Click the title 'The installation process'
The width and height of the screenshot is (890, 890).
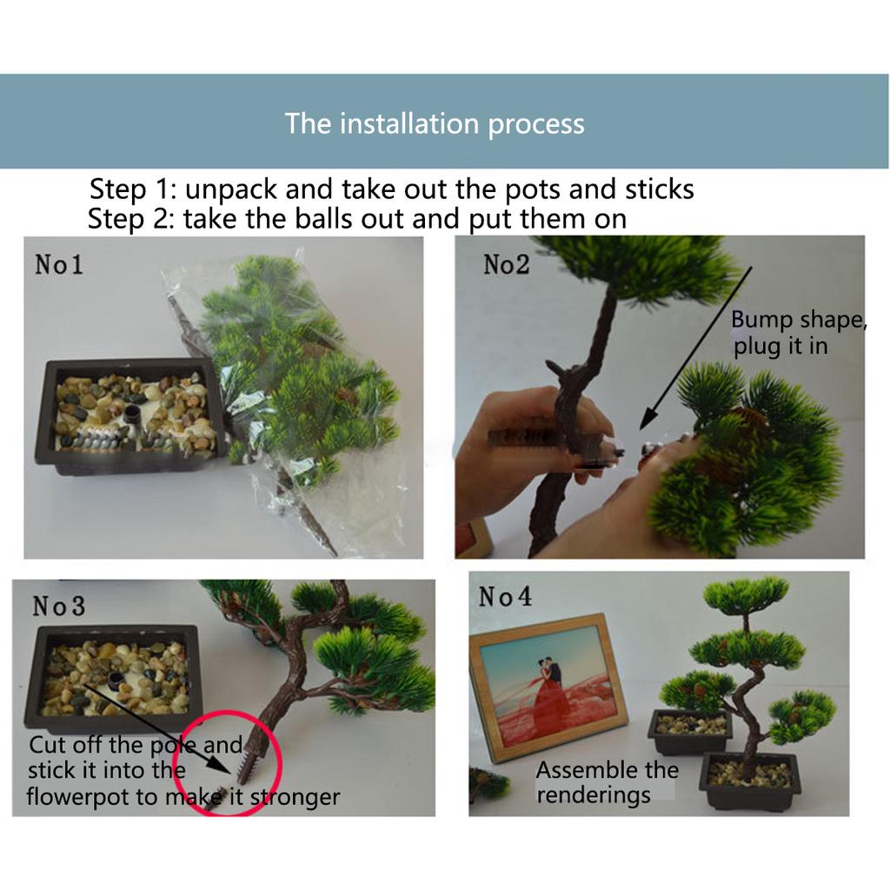coord(435,123)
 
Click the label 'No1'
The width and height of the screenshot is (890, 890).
coord(59,264)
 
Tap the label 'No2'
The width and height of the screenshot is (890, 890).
coord(507,264)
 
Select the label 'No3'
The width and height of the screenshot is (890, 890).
coord(59,606)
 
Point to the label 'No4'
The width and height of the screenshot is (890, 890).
coord(505,596)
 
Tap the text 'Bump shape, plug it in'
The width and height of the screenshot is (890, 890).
coord(798,333)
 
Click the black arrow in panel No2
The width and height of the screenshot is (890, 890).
coord(695,348)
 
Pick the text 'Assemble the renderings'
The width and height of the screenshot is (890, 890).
coord(607,782)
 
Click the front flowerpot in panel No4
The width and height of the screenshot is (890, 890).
coord(750,780)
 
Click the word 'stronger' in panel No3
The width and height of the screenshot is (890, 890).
coord(296,797)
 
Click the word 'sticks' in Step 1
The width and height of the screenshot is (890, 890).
coord(660,189)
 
